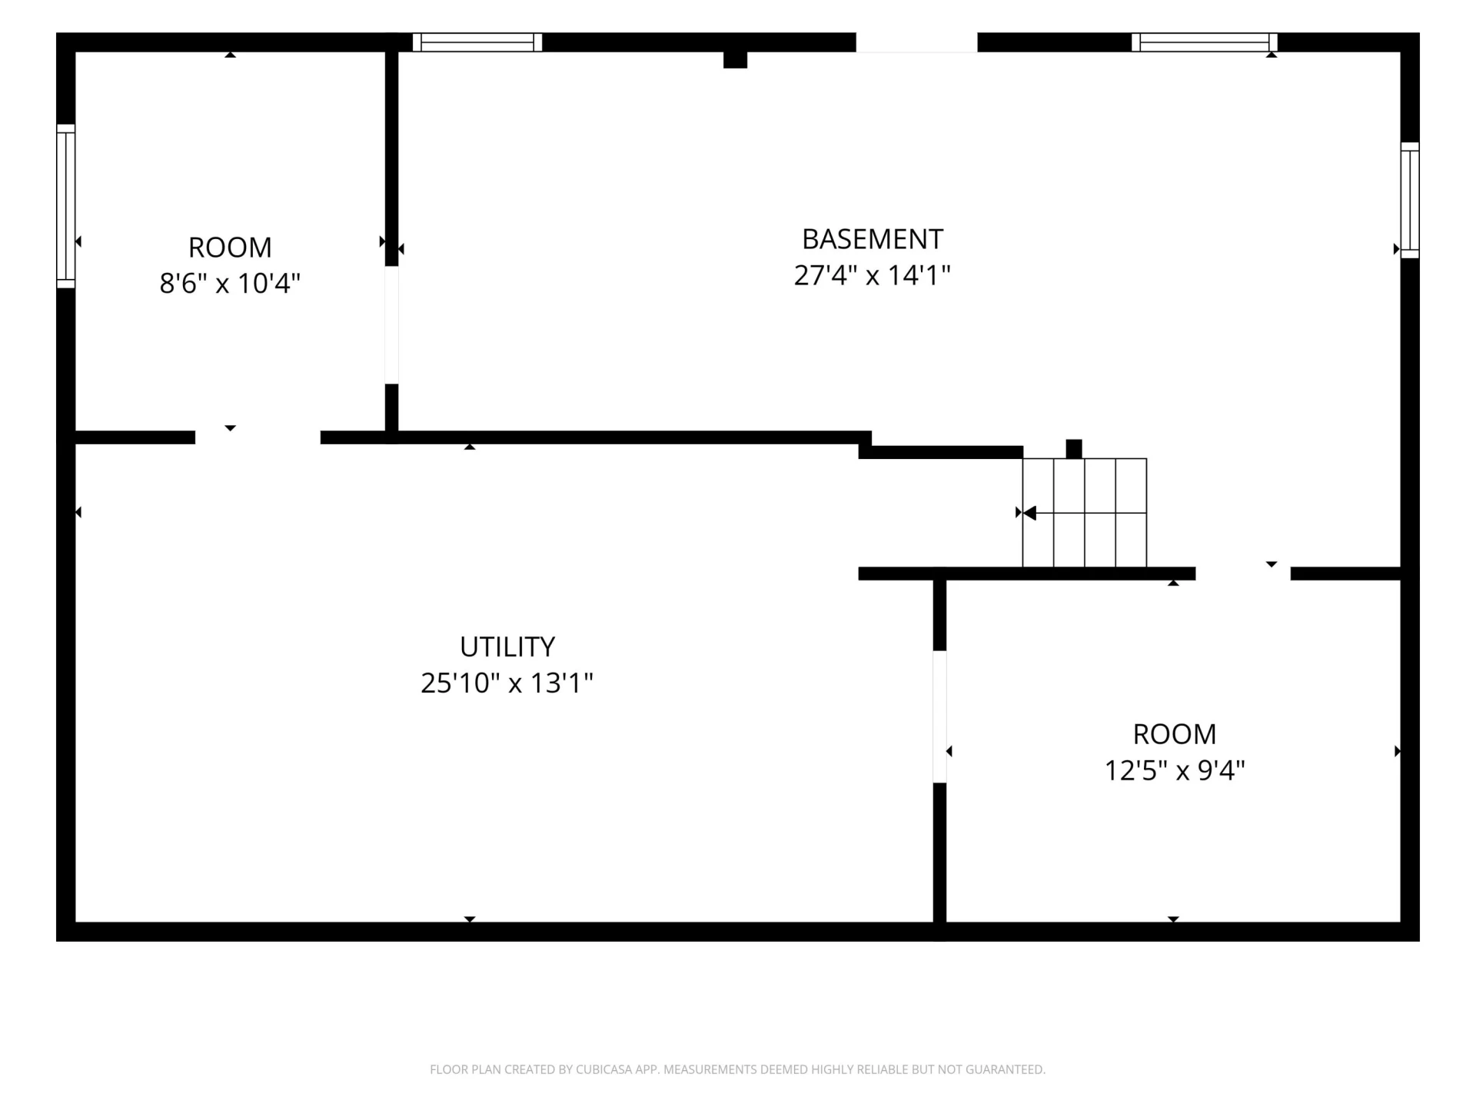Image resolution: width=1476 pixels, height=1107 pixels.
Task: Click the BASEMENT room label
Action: (x=872, y=239)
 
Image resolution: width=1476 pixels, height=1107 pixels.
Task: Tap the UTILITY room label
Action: (x=507, y=647)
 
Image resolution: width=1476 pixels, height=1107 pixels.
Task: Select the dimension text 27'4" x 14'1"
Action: (x=872, y=275)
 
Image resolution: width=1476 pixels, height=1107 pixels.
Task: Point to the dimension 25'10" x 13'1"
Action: (x=507, y=683)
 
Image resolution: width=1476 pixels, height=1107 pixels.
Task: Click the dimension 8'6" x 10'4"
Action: (x=230, y=283)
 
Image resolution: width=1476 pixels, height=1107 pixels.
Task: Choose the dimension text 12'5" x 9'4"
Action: (x=1175, y=770)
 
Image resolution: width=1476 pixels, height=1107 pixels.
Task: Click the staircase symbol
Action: (x=1084, y=513)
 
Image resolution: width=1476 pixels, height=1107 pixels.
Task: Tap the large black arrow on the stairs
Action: (x=1029, y=513)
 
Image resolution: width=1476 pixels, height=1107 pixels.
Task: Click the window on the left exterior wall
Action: (x=66, y=206)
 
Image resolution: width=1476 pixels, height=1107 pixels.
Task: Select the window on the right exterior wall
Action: (x=1410, y=200)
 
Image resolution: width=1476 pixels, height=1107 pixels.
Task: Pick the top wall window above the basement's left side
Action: (x=477, y=42)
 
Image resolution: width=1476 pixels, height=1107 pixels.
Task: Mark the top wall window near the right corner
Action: (x=1204, y=42)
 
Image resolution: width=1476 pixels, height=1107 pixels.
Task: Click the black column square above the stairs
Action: (x=1074, y=449)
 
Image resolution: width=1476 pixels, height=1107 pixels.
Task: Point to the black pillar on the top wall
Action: (x=735, y=59)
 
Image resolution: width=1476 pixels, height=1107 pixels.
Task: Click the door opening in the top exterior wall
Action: (x=916, y=42)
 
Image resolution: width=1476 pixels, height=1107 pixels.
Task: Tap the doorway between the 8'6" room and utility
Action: (x=258, y=437)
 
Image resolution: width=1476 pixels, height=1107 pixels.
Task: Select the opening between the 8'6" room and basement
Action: (x=391, y=325)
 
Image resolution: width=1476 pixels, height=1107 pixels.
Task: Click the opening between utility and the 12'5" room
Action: (x=939, y=716)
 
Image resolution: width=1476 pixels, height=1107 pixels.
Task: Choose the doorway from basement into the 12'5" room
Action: (x=1243, y=573)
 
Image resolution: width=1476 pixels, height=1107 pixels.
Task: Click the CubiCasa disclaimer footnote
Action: (x=738, y=1069)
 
